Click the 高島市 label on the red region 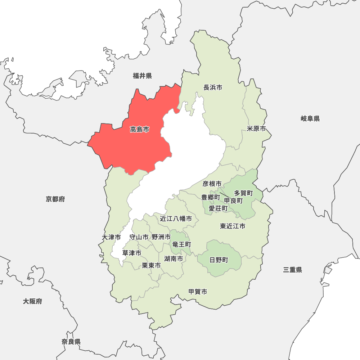139,129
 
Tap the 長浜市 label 213,87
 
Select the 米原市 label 256,129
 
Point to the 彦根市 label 212,184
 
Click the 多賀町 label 243,193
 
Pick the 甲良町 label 233,201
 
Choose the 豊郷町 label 210,197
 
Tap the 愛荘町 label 218,208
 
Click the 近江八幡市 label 176,219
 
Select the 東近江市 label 233,226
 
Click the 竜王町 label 181,244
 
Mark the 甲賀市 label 198,292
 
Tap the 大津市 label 111,237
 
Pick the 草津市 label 131,253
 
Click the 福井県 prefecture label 142,76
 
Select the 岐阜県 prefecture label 310,118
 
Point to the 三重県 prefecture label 292,270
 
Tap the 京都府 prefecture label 55,199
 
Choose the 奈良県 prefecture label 71,342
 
